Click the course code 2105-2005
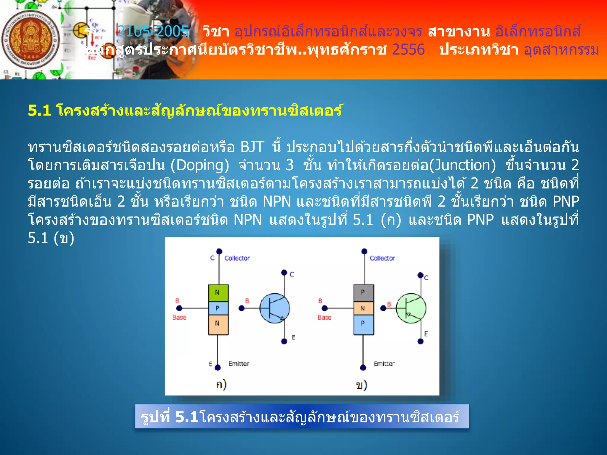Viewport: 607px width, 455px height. click(153, 31)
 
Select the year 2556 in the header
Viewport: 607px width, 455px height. click(408, 49)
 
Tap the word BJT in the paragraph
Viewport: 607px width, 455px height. click(252, 147)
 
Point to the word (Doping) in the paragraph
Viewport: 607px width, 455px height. click(200, 165)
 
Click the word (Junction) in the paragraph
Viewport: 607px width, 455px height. click(462, 165)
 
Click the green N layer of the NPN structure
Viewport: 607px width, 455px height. click(218, 293)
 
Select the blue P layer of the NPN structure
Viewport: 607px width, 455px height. click(218, 308)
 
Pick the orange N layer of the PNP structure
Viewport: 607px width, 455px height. click(363, 308)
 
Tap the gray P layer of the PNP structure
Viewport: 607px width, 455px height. click(363, 293)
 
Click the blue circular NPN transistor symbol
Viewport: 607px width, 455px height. click(275, 308)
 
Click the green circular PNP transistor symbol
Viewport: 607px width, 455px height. click(411, 308)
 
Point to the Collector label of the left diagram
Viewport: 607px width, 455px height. click(237, 258)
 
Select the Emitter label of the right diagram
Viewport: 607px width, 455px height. click(384, 363)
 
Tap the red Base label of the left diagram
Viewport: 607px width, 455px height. click(179, 317)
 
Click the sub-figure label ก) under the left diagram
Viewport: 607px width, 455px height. click(221, 384)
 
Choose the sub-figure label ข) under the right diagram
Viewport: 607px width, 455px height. click(361, 385)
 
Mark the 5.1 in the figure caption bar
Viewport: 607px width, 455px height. click(186, 417)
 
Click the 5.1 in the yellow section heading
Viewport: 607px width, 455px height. click(39, 110)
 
